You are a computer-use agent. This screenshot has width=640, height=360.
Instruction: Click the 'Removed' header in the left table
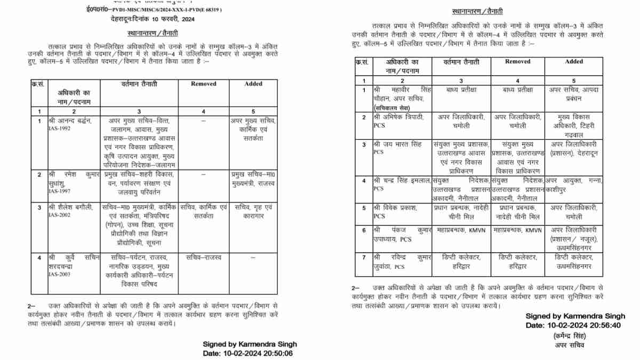204,84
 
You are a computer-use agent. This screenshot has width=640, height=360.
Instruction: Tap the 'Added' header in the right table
574,62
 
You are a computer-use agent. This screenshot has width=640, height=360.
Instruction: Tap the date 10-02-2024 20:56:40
573,325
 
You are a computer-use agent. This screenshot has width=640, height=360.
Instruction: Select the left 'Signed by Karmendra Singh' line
250,344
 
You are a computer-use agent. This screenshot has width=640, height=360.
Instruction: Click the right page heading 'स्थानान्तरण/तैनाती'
477,11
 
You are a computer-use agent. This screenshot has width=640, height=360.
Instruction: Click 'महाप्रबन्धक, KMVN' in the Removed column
516,230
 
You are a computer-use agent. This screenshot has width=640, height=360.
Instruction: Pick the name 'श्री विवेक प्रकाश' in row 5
395,208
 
